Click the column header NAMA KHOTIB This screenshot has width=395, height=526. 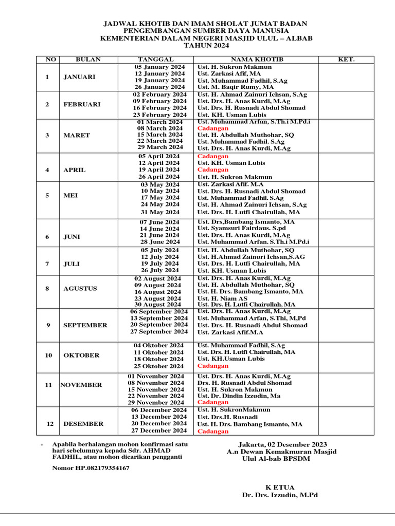[x=255, y=60]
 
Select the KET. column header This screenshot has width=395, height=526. [x=346, y=60]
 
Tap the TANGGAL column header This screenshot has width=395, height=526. [x=156, y=60]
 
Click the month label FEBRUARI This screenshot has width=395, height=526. [x=82, y=104]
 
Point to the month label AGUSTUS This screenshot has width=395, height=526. [x=80, y=288]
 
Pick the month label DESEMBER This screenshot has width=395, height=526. [x=83, y=424]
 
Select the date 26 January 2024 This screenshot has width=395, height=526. [x=160, y=87]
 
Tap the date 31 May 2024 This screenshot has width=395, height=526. [x=160, y=212]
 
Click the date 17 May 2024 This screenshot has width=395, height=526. [x=160, y=198]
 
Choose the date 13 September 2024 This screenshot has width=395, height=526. [x=159, y=318]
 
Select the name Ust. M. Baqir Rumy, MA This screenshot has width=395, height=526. [x=236, y=87]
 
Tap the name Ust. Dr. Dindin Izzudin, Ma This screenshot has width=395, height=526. [x=239, y=396]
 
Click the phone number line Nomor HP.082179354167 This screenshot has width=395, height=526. [x=91, y=468]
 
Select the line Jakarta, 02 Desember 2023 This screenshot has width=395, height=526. [x=282, y=444]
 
